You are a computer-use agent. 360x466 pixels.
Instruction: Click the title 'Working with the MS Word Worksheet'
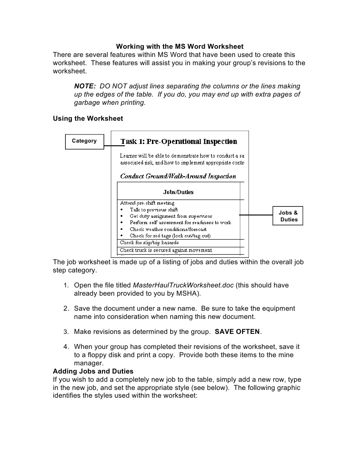(x=180, y=46)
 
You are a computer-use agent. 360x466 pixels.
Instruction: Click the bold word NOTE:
(x=85, y=86)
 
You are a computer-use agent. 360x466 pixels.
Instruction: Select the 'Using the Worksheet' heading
(x=88, y=118)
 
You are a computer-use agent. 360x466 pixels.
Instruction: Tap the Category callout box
(x=84, y=141)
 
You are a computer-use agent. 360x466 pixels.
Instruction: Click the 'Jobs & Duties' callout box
(x=289, y=216)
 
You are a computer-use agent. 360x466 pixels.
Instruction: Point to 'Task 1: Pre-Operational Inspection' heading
(x=179, y=142)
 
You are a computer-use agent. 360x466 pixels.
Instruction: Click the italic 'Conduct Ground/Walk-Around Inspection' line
(x=178, y=176)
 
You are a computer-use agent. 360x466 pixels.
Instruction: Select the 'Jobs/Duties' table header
(x=178, y=192)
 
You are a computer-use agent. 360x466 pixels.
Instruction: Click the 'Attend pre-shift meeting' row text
(x=147, y=203)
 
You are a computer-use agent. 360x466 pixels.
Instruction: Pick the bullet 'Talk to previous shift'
(x=153, y=210)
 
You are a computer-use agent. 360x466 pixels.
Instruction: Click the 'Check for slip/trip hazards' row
(x=149, y=243)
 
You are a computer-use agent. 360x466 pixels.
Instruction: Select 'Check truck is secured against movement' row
(x=166, y=250)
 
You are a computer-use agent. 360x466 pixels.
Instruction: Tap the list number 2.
(x=66, y=308)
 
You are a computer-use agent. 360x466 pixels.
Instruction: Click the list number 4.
(x=66, y=347)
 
